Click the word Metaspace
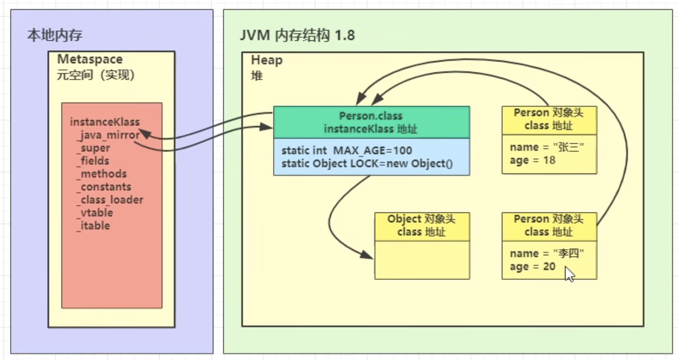(90, 59)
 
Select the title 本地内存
(55, 35)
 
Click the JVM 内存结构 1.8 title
(297, 35)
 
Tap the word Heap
(267, 60)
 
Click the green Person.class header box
(371, 122)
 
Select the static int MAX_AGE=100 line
(347, 150)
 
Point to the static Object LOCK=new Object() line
(367, 164)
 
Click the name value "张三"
(568, 147)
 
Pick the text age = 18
(532, 160)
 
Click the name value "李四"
(568, 254)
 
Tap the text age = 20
(532, 267)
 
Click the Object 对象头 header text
(421, 219)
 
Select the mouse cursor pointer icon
(569, 274)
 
